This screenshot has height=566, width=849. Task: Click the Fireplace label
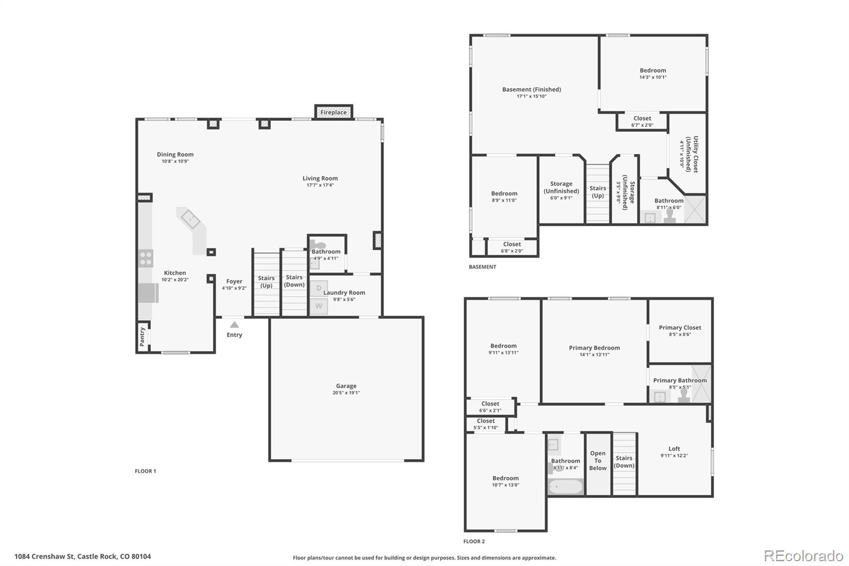point(333,112)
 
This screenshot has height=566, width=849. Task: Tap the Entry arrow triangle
point(234,325)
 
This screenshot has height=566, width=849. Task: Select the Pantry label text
point(142,337)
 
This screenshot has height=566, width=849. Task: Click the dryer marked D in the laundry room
point(319,288)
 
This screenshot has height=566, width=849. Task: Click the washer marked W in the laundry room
point(319,306)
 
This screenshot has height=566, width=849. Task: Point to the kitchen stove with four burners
point(145,259)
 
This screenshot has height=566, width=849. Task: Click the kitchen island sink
point(190,219)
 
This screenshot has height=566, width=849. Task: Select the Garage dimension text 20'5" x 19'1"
point(346,392)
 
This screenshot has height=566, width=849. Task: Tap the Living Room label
point(320,178)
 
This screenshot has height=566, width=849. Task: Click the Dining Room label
point(175,155)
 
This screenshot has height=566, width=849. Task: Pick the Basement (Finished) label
point(531,90)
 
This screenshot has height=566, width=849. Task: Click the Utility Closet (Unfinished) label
point(692,155)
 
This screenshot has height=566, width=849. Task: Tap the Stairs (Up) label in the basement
point(597,192)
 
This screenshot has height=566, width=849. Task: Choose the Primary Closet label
point(680,328)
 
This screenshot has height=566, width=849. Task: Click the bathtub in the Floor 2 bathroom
point(566,487)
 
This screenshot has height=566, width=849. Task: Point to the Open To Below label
point(597,460)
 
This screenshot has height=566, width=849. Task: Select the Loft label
point(674,449)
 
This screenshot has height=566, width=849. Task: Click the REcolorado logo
point(803,556)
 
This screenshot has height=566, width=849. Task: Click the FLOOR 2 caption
point(474,542)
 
